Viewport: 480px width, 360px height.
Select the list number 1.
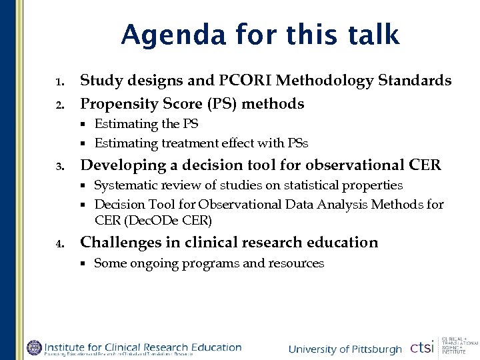pos(59,83)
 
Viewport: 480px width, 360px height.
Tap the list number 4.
pos(59,243)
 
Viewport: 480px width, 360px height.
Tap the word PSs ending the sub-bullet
pos(297,143)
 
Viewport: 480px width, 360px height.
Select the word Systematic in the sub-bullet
pos(124,185)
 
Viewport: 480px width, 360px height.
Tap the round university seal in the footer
pos(33,347)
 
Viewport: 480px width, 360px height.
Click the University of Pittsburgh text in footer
pos(345,349)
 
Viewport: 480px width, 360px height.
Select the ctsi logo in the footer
pos(421,347)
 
